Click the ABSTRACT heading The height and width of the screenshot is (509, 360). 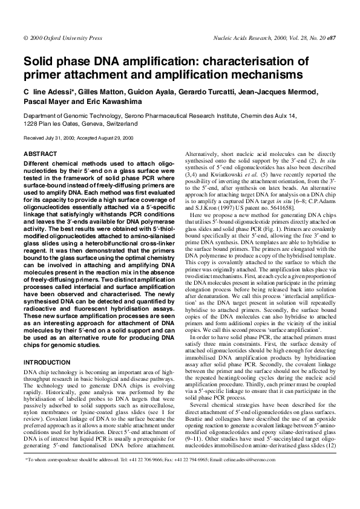pyautogui.click(x=40, y=155)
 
